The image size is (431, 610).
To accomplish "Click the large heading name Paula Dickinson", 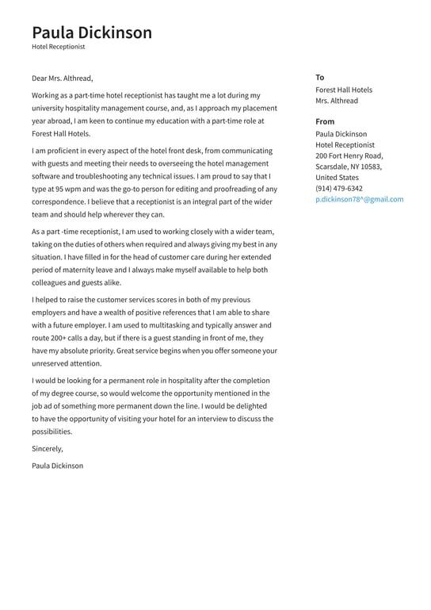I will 92,33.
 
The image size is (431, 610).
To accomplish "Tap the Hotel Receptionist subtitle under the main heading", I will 58,48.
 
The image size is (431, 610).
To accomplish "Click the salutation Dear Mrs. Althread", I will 63,79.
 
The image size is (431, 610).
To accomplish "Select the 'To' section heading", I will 319,77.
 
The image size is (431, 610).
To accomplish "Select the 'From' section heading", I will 325,121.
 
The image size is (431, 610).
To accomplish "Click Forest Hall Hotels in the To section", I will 343,90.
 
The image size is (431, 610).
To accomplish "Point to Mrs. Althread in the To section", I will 336,101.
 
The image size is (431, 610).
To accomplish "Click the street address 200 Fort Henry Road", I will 349,156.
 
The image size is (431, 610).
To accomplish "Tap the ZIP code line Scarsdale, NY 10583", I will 348,167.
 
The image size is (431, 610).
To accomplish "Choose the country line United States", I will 337,178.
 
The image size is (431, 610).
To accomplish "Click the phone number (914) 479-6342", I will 338,189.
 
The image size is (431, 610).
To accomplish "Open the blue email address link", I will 359,200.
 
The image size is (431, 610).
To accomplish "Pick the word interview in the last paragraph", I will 189,419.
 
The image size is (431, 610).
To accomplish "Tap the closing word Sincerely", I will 48,449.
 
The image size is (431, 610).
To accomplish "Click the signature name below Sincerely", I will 57,466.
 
